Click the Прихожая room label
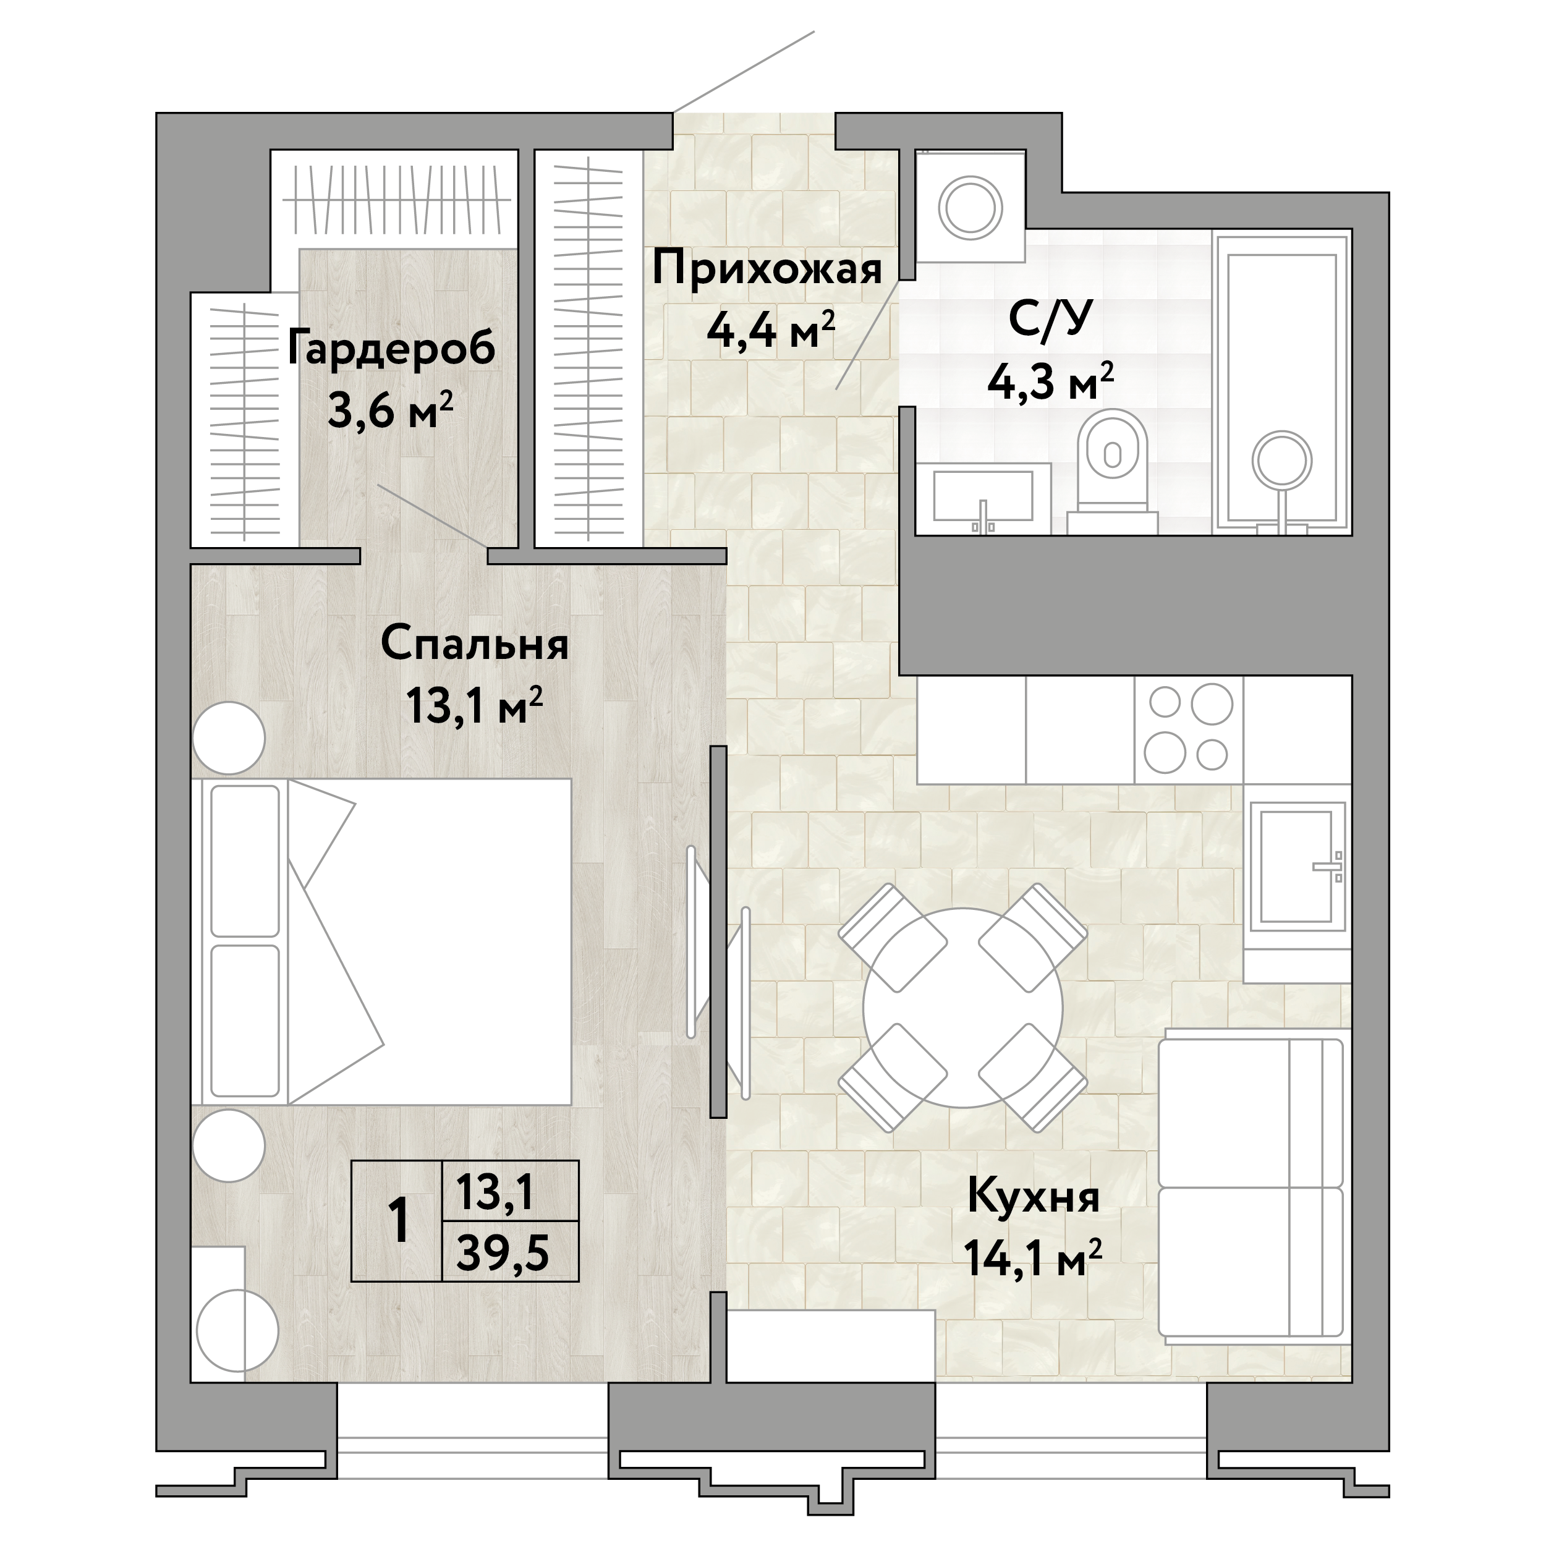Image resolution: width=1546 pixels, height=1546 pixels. click(x=767, y=269)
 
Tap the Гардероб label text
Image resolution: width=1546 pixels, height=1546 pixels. click(x=391, y=350)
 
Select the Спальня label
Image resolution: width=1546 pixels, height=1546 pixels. click(x=475, y=644)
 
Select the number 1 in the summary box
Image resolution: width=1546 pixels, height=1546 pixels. click(x=397, y=1221)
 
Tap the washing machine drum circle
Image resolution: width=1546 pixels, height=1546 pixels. click(x=970, y=207)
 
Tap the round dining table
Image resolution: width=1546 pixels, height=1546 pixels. click(x=962, y=1008)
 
